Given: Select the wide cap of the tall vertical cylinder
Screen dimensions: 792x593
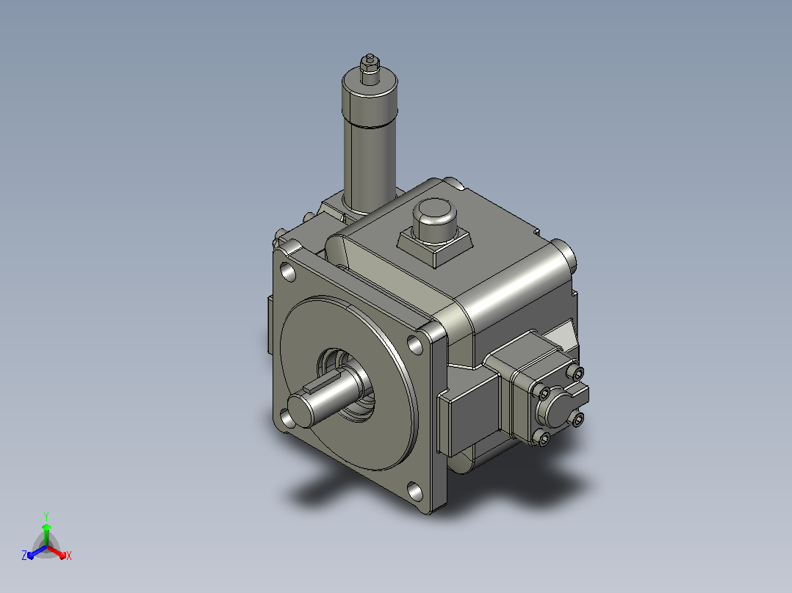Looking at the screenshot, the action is (x=370, y=99).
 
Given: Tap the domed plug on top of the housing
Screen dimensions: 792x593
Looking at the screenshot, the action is (x=435, y=218).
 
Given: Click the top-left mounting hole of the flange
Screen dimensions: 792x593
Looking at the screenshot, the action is (x=288, y=272).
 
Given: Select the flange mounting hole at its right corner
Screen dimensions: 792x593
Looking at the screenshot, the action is (x=414, y=346).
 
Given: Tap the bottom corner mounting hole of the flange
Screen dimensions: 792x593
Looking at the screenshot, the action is (x=414, y=492).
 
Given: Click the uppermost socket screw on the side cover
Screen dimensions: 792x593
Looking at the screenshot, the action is (x=576, y=373).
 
